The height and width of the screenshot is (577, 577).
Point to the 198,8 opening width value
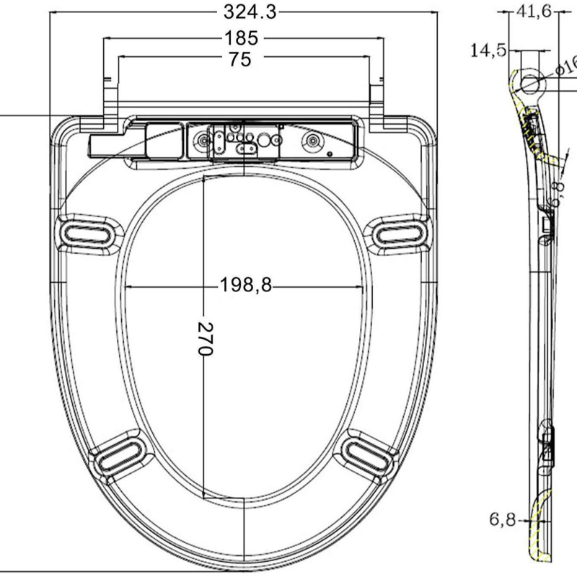246,285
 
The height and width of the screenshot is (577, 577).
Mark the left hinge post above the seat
110,97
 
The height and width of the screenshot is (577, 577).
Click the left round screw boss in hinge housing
201,141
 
